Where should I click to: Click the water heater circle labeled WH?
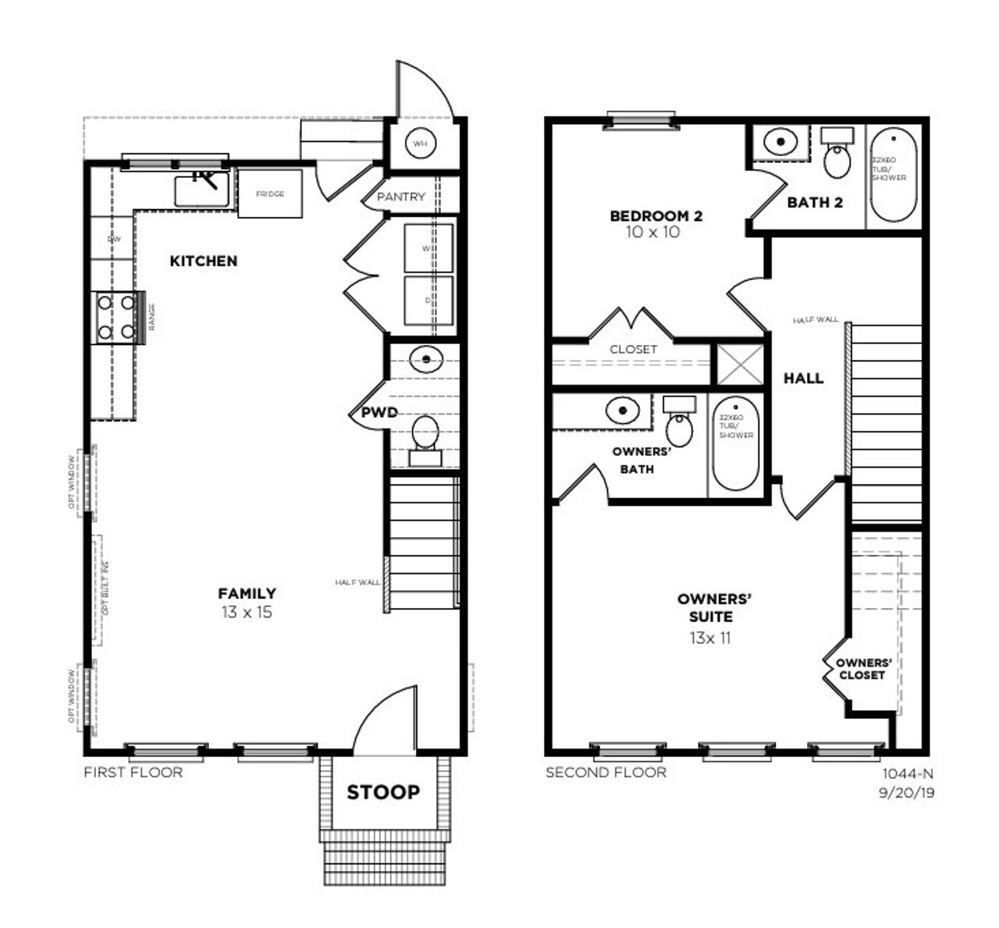tap(421, 144)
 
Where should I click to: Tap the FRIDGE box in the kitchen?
tap(270, 194)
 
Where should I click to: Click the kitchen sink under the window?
tap(201, 189)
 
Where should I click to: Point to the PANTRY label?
tap(401, 197)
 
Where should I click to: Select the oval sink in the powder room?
tap(426, 359)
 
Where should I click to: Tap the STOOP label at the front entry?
tap(383, 792)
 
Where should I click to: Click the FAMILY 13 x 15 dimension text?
tap(247, 613)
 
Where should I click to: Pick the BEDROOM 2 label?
tap(656, 216)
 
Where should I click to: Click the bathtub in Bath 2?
tap(894, 176)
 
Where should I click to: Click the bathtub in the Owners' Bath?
tap(735, 443)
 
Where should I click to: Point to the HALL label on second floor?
tap(803, 378)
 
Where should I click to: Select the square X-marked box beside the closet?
tap(738, 364)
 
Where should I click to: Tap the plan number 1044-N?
tap(908, 774)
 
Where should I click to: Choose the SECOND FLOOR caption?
tap(606, 773)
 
